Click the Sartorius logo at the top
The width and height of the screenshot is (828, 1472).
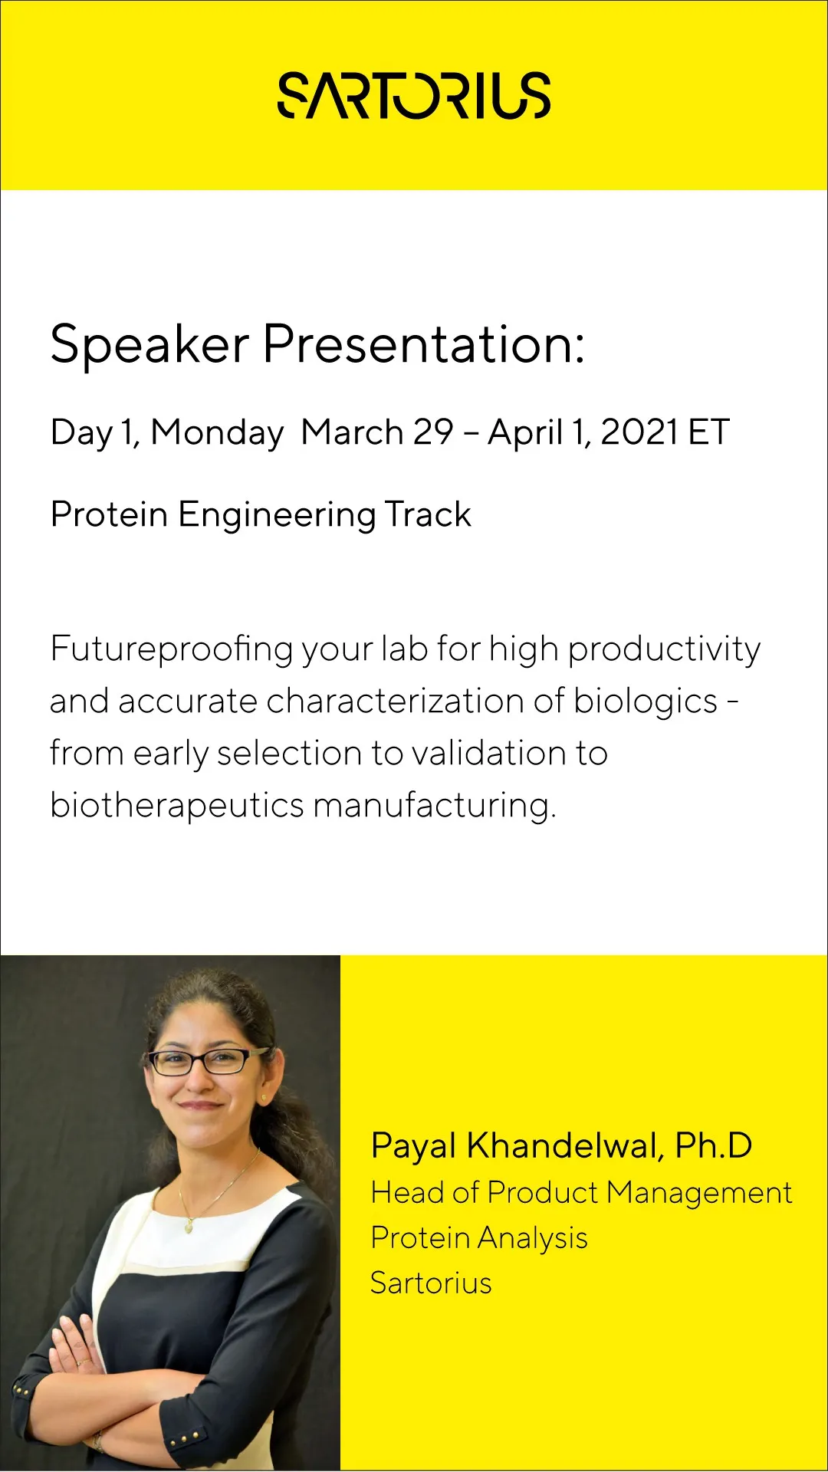[414, 96]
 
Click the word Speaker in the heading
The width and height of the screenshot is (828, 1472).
[150, 344]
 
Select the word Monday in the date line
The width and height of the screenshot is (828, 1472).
[217, 433]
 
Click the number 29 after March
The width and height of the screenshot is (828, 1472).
[433, 432]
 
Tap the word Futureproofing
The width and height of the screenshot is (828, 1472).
[172, 650]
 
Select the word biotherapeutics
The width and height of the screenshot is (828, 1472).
[177, 806]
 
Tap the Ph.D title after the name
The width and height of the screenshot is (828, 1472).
[714, 1145]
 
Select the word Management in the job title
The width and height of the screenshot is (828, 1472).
[699, 1194]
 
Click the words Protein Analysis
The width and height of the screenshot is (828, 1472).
[479, 1239]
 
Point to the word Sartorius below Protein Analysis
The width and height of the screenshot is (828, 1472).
[431, 1283]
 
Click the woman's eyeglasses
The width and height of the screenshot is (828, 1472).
[205, 1061]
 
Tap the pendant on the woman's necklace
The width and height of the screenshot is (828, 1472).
[189, 1227]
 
